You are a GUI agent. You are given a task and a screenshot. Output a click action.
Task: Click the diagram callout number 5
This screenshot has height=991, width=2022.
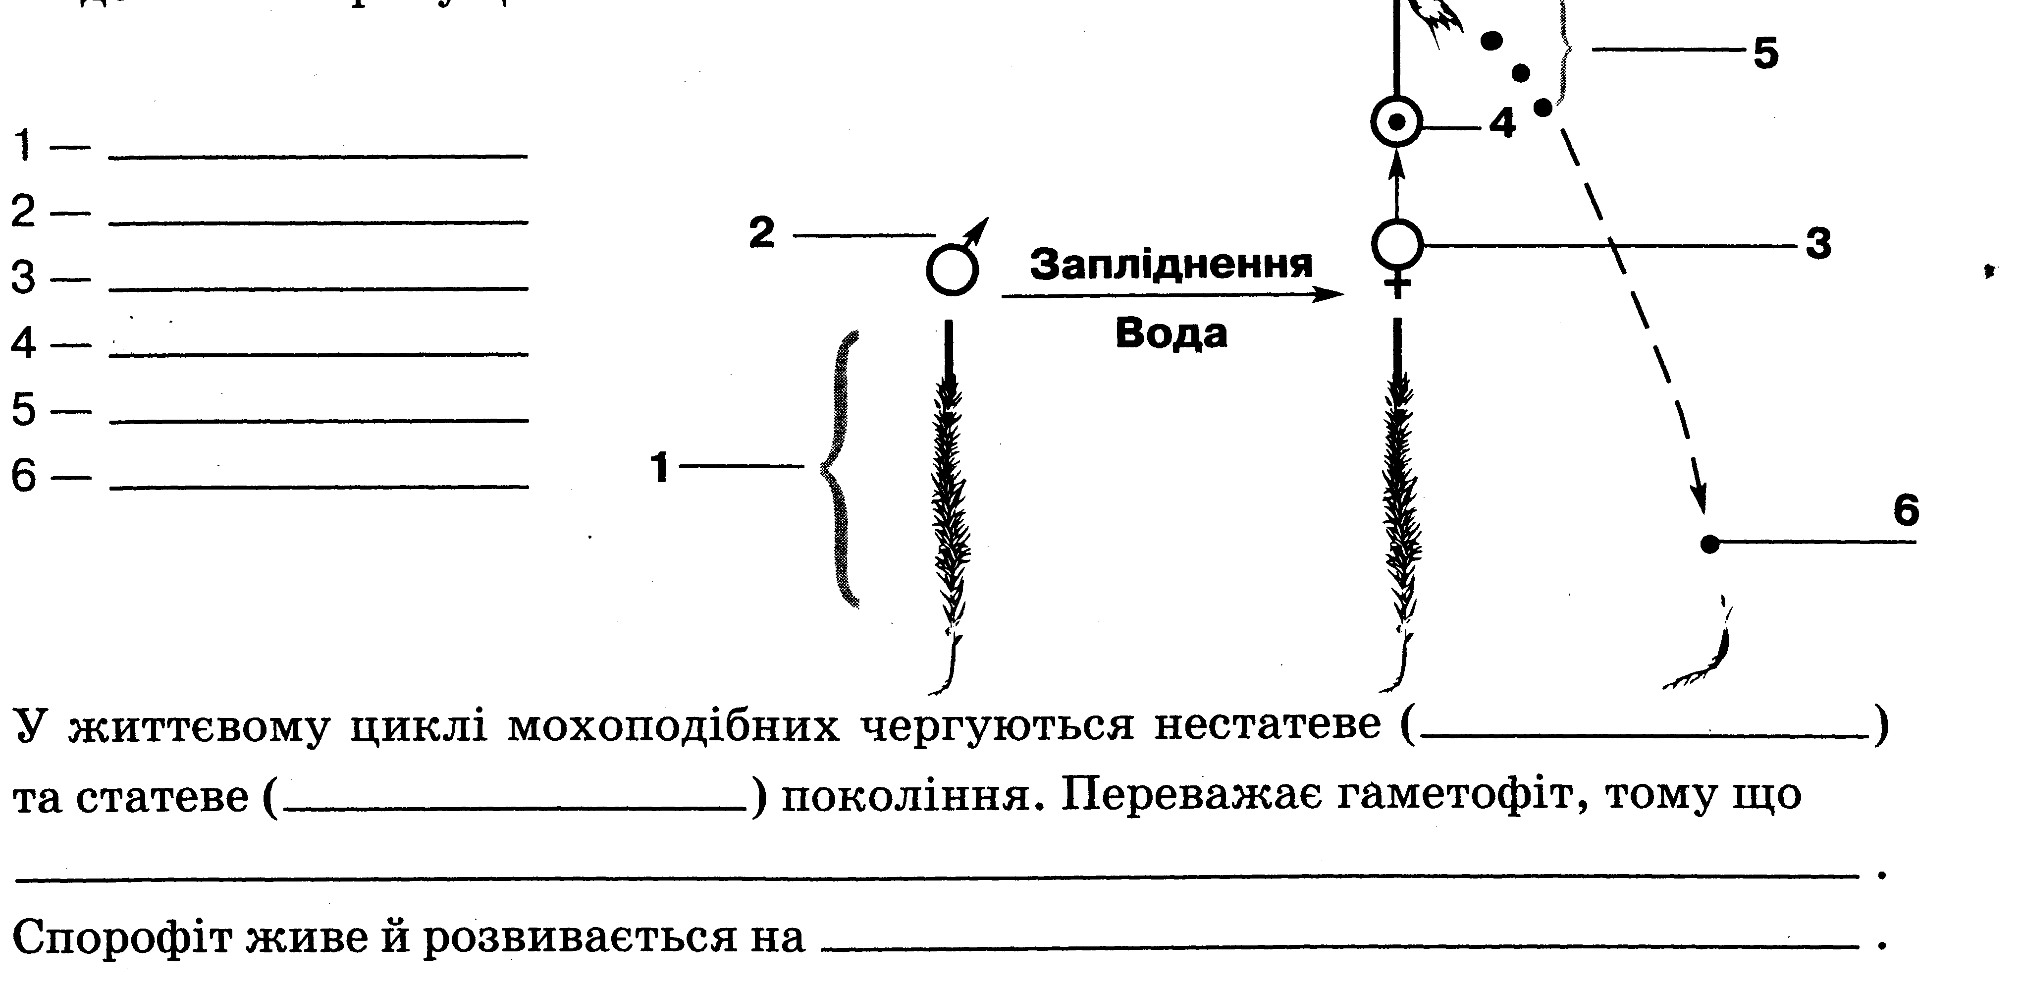[x=1765, y=54]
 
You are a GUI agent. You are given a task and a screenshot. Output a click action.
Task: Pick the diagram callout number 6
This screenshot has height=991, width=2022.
[x=1906, y=510]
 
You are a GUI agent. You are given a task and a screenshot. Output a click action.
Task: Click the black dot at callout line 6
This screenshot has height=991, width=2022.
[x=1709, y=544]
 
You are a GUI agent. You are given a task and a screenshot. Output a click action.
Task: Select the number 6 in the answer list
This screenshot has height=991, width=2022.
[x=24, y=476]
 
